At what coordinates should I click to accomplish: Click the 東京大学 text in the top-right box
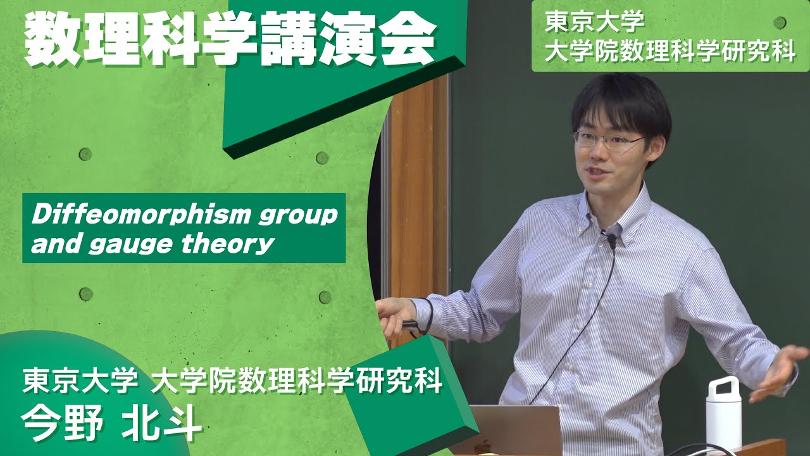[x=594, y=22]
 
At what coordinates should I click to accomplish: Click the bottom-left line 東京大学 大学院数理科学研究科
[x=232, y=381]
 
